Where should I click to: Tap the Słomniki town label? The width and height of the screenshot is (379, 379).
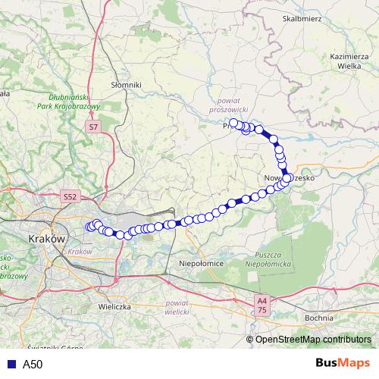[126, 86]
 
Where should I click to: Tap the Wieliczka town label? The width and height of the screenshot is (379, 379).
[115, 307]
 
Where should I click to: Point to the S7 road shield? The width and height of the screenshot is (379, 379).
[92, 128]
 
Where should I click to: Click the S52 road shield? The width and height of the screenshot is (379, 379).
[70, 196]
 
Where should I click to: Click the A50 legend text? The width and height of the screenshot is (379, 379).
[33, 364]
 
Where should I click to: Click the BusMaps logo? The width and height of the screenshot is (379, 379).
[343, 363]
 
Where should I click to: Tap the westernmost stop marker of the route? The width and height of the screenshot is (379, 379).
[89, 227]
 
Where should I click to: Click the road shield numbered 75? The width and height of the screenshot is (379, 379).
[262, 309]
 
